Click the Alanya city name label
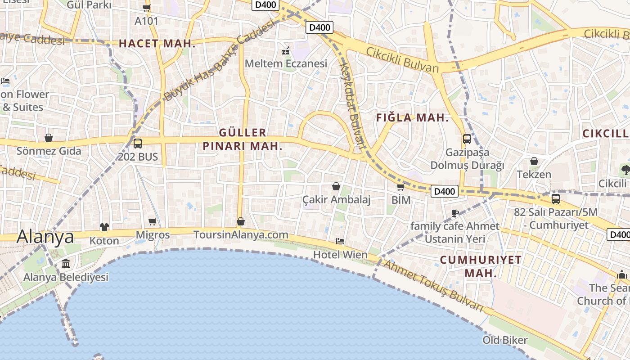(45, 237)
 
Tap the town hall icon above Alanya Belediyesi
(66, 263)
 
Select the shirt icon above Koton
(104, 227)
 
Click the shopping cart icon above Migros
(153, 221)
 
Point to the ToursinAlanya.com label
(241, 235)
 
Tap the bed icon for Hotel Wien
(340, 242)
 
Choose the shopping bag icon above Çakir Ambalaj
(336, 186)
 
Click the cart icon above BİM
(400, 187)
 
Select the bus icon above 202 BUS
(138, 144)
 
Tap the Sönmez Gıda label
(49, 151)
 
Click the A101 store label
(147, 21)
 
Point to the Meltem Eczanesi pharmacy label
(286, 63)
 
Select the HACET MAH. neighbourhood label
(157, 44)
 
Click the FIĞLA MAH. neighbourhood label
(412, 118)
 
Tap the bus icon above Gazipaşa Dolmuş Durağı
(467, 139)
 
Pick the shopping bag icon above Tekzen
(534, 161)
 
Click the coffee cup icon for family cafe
(455, 213)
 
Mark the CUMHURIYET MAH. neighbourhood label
(481, 266)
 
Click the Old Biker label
(505, 340)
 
